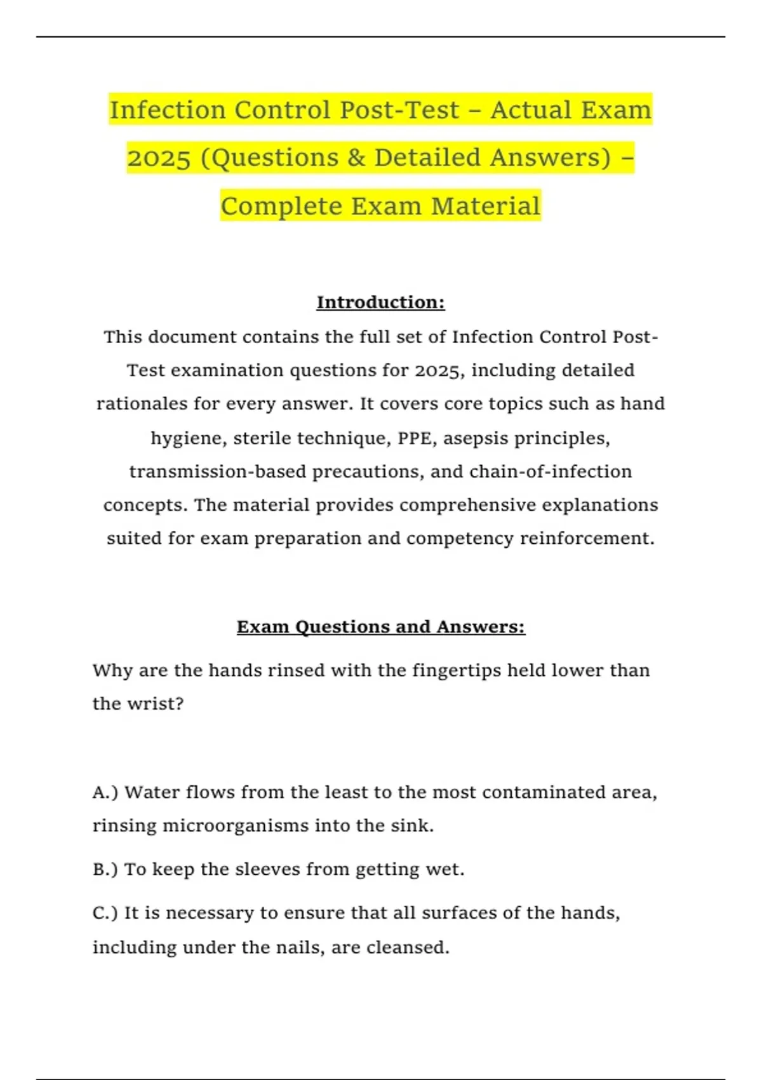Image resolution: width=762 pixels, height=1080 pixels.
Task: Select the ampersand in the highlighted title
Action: (x=356, y=158)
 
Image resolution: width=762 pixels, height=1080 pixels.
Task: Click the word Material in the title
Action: (x=486, y=206)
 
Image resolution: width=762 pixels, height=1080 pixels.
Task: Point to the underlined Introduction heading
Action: (x=380, y=302)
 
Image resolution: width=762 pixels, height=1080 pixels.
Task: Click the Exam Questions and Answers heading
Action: (x=380, y=627)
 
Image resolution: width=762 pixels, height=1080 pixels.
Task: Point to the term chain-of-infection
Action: (x=551, y=472)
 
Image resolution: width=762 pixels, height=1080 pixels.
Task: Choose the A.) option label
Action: (x=105, y=792)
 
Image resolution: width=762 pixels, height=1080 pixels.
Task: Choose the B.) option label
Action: (x=105, y=869)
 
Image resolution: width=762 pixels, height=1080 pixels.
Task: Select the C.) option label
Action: (x=105, y=913)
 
